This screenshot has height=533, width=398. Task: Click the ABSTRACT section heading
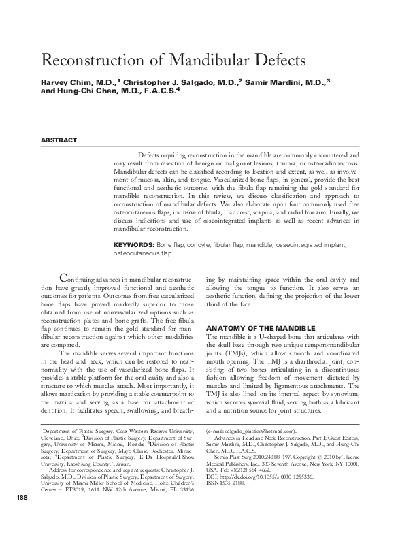pyautogui.click(x=59, y=140)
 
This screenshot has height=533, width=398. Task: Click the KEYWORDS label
pyautogui.click(x=134, y=244)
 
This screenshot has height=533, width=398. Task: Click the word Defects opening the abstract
pyautogui.click(x=150, y=155)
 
